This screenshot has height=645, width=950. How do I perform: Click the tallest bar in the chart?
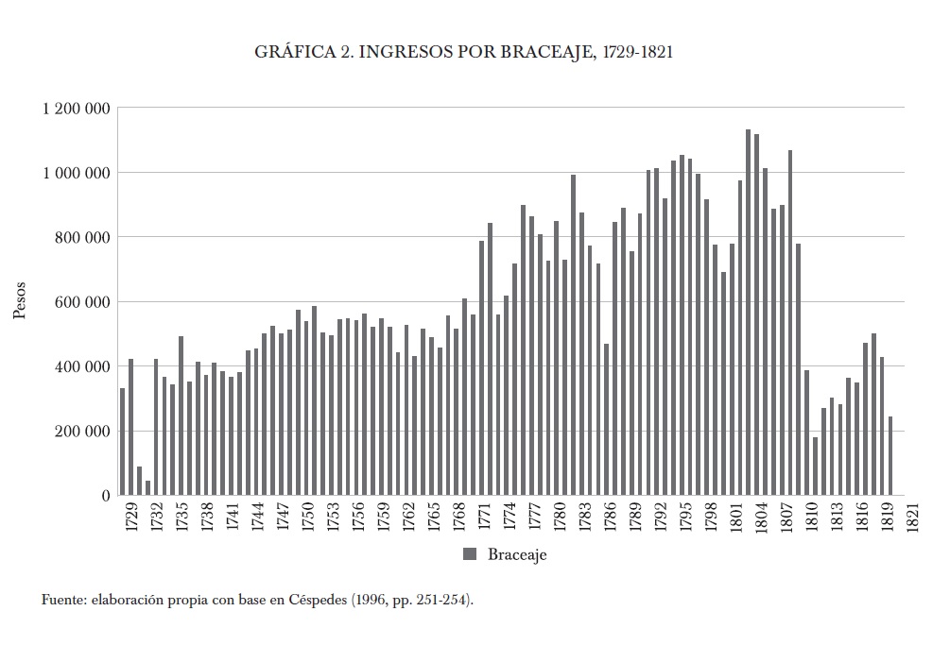coord(748,312)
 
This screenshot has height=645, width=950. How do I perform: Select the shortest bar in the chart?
coord(147,487)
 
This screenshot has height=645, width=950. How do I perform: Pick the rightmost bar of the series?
coord(890,455)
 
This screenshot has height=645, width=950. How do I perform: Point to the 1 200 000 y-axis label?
coord(76,109)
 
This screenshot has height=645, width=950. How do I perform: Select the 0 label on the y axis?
coord(106,496)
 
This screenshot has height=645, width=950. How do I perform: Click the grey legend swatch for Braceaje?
coord(470,554)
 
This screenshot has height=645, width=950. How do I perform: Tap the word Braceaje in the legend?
coord(517,555)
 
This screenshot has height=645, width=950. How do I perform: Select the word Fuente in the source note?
coord(62,600)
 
